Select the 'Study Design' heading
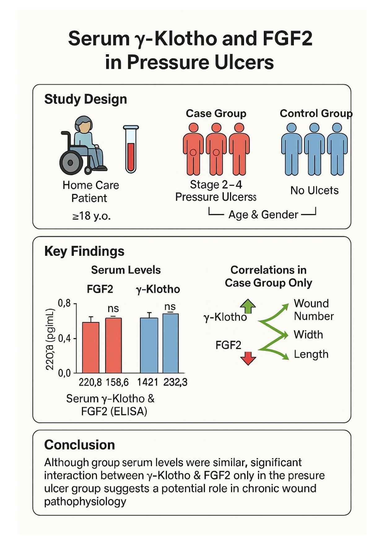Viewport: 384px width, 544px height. [85, 99]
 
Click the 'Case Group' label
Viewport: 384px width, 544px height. [216, 113]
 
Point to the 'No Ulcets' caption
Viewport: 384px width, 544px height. [314, 190]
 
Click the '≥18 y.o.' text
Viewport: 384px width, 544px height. [91, 216]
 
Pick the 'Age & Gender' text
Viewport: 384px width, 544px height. [263, 215]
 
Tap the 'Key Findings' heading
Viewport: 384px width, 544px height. [84, 251]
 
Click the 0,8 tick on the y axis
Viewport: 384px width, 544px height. [64, 303]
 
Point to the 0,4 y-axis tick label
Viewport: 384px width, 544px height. [64, 338]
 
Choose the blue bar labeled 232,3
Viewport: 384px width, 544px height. [171, 343]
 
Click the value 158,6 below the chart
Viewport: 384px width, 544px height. [117, 382]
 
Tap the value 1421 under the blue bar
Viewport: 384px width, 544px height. [148, 382]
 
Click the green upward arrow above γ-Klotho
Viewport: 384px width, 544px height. [248, 306]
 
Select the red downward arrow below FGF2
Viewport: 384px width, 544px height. [248, 359]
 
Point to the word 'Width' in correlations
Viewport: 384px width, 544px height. [308, 335]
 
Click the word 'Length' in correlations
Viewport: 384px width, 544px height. [311, 354]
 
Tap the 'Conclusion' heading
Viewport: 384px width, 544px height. [80, 445]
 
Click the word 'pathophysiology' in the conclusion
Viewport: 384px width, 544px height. [85, 502]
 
